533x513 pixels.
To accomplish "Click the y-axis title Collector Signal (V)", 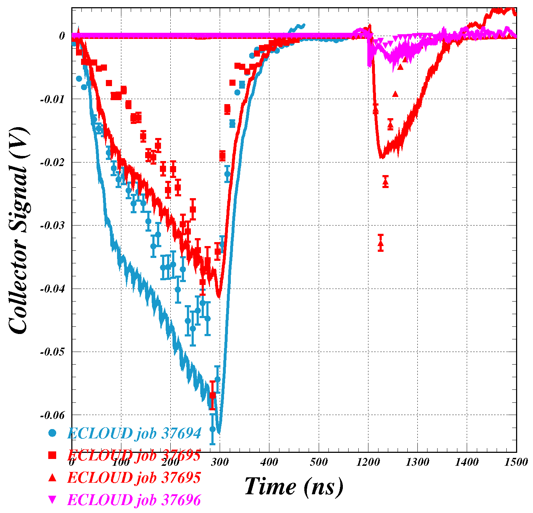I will [18, 231].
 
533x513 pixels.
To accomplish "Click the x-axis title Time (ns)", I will [294, 487].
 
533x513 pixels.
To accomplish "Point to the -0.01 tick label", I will [52, 99].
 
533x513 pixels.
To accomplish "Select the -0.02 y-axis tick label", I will [52, 162].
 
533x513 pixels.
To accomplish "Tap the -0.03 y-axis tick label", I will [52, 226].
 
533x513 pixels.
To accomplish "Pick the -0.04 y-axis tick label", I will [52, 289].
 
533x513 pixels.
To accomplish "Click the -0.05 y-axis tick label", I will [52, 352].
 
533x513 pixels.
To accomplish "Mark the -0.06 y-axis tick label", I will [52, 415].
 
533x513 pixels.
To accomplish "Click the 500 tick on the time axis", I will [318, 462].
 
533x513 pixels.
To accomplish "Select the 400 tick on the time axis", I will [269, 462].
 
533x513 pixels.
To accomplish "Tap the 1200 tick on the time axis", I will [368, 462].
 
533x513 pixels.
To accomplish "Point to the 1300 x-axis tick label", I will [417, 462].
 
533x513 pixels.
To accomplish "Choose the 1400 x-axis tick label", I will [467, 462].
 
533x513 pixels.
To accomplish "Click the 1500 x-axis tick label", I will [516, 462].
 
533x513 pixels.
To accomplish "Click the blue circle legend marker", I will [53, 433].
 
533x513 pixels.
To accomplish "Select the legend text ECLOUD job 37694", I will [134, 433].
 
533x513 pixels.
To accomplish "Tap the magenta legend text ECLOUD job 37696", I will [134, 500].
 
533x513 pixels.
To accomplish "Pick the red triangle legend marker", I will [53, 478].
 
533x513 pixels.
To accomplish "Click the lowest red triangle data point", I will [381, 244].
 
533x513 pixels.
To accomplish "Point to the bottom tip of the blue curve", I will [218, 432].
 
